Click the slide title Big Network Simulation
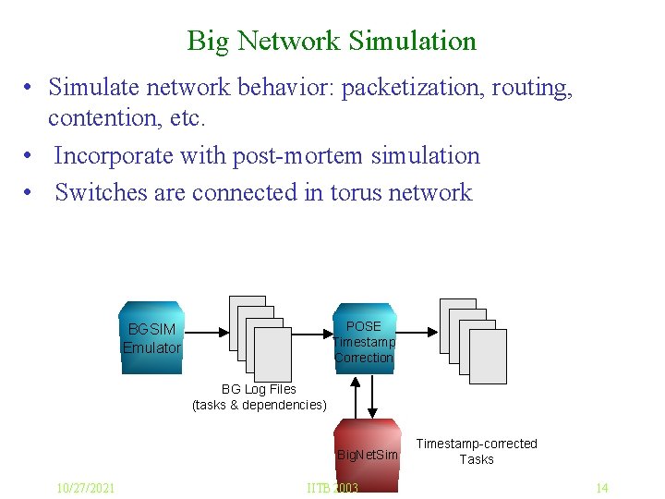[x=332, y=41]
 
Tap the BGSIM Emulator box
[x=152, y=338]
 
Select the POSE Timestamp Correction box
[x=364, y=341]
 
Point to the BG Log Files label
[x=259, y=389]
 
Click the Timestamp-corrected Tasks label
[x=477, y=451]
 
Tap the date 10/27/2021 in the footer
[x=85, y=488]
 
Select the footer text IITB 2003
[x=332, y=488]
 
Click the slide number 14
[x=601, y=488]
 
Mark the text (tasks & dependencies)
[x=259, y=405]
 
